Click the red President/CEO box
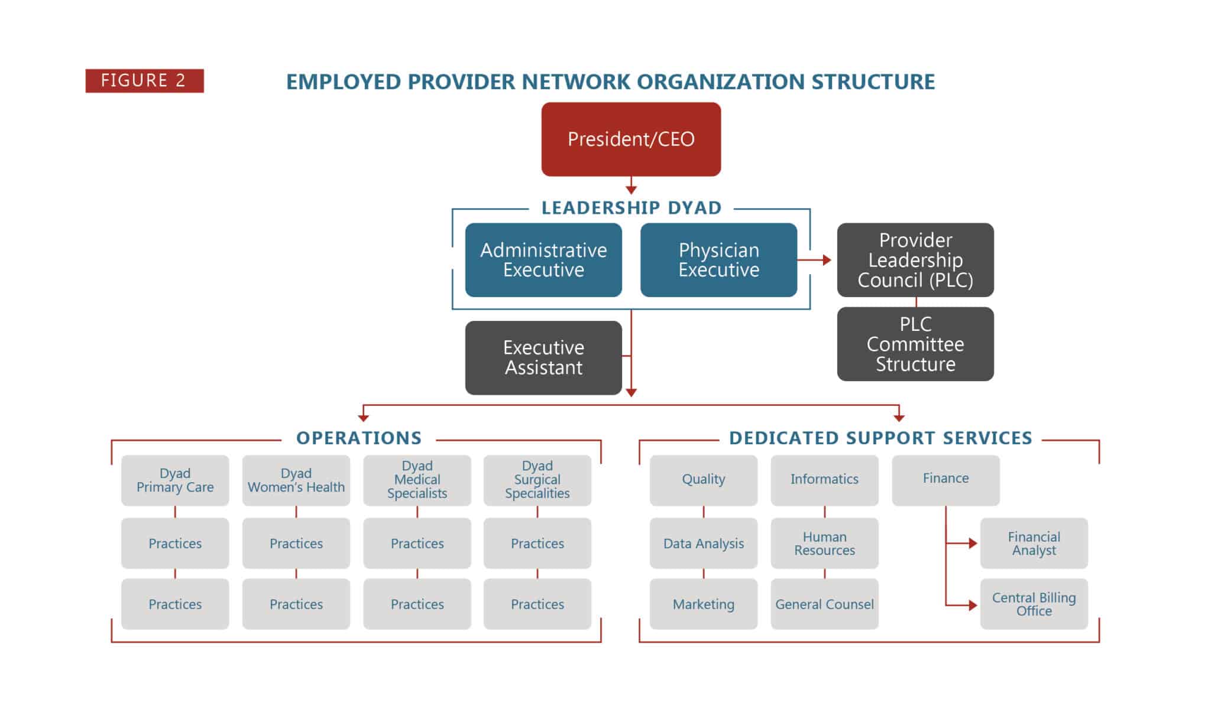point(631,139)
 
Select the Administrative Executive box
point(543,260)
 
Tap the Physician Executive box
point(718,260)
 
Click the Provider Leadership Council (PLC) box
point(915,260)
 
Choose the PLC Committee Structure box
point(915,344)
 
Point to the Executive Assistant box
point(543,357)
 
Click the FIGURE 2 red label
point(144,80)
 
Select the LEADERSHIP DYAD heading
point(631,208)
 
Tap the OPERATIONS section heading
point(359,438)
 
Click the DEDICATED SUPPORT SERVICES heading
point(880,438)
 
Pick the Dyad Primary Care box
point(175,480)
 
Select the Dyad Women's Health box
point(296,480)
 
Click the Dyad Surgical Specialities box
point(537,480)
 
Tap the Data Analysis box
point(703,544)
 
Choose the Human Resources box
point(824,544)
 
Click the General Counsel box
point(824,604)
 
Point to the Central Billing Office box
point(1034,604)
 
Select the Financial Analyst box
point(1034,544)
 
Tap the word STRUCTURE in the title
point(873,82)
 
